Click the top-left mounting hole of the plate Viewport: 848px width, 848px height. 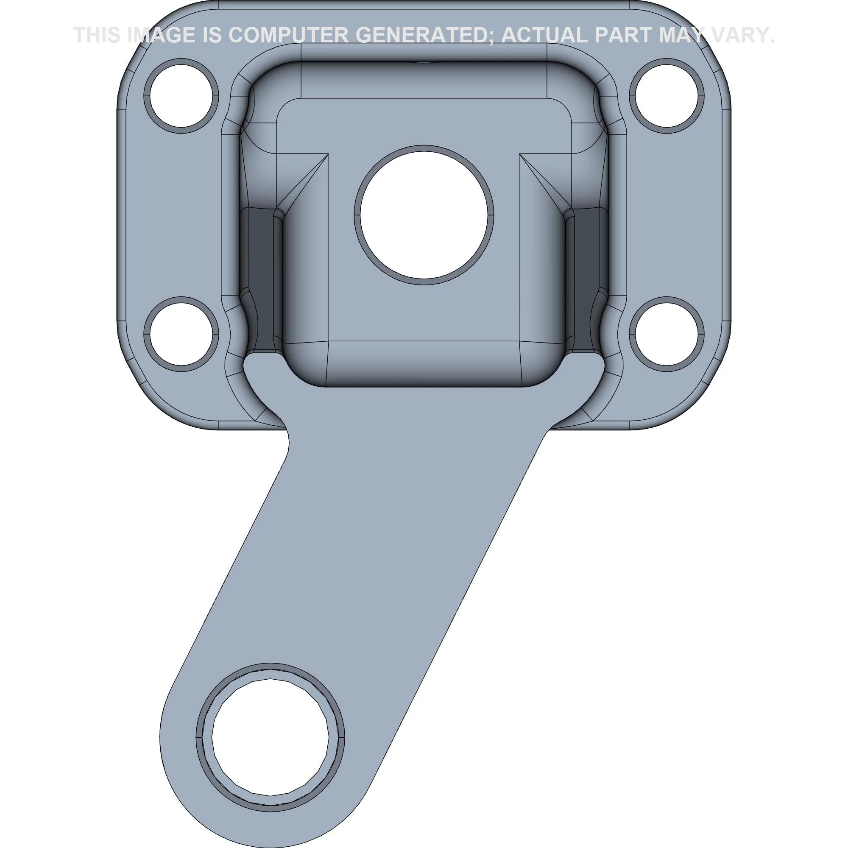(181, 96)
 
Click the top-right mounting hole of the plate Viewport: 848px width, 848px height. (666, 96)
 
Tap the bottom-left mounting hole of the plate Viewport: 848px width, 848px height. (181, 334)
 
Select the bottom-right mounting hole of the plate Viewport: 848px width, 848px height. (666, 334)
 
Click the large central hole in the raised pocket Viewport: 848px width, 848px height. (424, 215)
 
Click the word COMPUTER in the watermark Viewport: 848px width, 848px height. (288, 35)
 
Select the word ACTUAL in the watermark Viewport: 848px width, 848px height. (544, 35)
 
